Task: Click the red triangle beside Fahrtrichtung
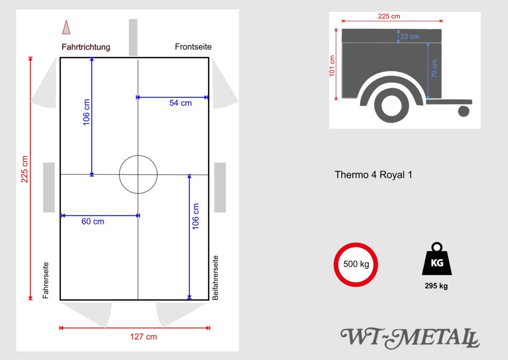click(x=65, y=27)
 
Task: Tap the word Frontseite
click(x=193, y=47)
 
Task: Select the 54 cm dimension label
click(x=180, y=103)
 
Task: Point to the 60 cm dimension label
click(x=93, y=222)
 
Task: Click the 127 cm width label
click(x=143, y=337)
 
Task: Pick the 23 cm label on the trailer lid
click(x=410, y=36)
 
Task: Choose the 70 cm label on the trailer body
click(x=434, y=68)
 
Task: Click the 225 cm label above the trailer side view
click(x=389, y=16)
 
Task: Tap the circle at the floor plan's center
click(x=138, y=174)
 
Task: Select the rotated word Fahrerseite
click(x=46, y=280)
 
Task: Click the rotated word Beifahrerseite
click(x=215, y=278)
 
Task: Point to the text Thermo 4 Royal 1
click(x=373, y=175)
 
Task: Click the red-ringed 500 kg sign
click(x=356, y=264)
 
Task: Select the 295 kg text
click(x=436, y=286)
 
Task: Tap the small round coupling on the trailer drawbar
click(x=463, y=111)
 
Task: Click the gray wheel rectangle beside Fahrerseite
click(x=49, y=187)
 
